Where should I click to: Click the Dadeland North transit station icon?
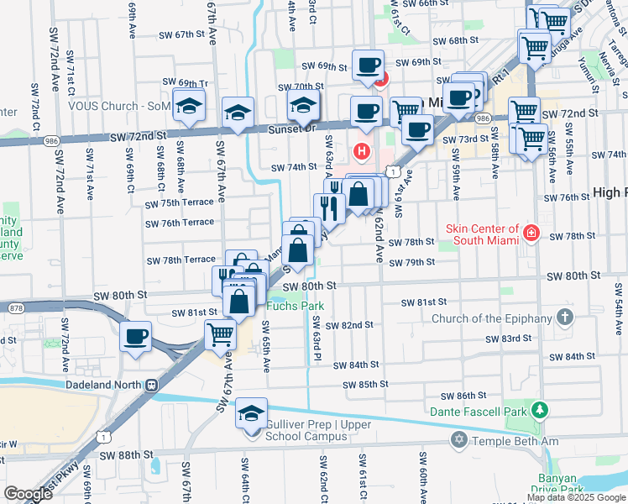152,386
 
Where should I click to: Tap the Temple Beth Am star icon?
458,440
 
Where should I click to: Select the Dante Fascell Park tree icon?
542,412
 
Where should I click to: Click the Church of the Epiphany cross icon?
565,318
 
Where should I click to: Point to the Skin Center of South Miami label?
483,234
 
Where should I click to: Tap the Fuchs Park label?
294,307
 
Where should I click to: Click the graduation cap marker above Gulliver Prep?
251,414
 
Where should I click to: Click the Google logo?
28,494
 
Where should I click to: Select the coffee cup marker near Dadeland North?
135,338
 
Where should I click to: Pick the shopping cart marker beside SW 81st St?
221,334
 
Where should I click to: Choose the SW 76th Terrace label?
179,223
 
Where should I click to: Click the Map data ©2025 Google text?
576,497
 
